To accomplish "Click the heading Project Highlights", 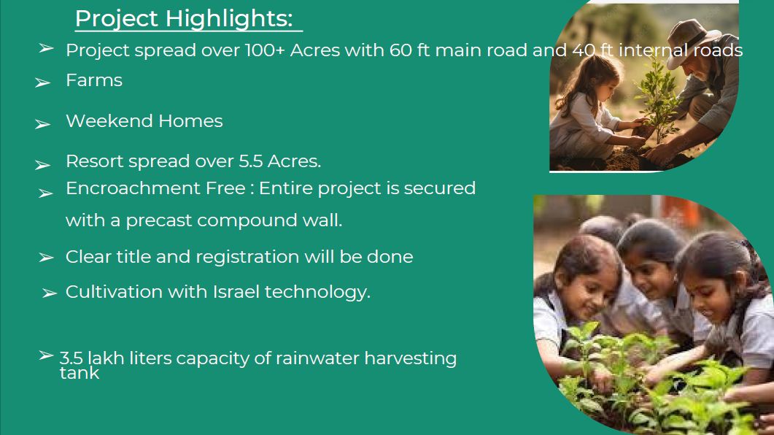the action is click(x=184, y=19).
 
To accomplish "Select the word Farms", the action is click(x=94, y=80).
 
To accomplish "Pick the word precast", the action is click(x=159, y=220).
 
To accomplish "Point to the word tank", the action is click(x=80, y=373).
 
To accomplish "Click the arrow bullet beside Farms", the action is click(x=43, y=82).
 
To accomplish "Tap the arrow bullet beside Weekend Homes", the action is click(x=43, y=123).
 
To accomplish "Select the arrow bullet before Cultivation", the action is click(x=50, y=293).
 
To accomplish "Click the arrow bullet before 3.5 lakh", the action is click(x=46, y=355).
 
